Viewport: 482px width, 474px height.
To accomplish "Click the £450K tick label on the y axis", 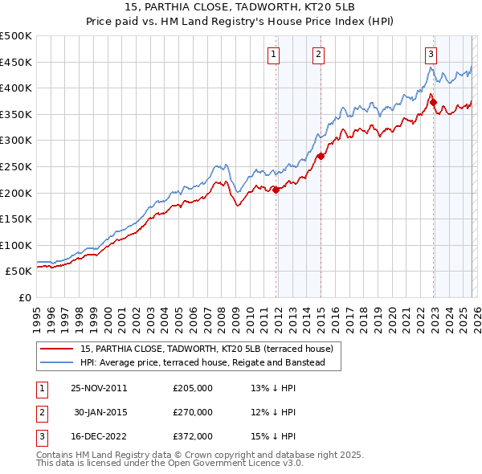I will [x=17, y=62].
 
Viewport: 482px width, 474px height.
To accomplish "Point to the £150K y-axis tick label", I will [x=17, y=219].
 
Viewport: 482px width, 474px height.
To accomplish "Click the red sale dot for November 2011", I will [x=276, y=190].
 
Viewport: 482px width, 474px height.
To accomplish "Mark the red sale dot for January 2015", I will [x=321, y=156].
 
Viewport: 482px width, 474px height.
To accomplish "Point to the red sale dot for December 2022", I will [x=432, y=102].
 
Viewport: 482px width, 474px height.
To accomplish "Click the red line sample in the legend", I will [x=56, y=349].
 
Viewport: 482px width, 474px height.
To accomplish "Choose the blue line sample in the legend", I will [x=56, y=362].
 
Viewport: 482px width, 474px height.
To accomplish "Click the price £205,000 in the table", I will [x=193, y=387].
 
